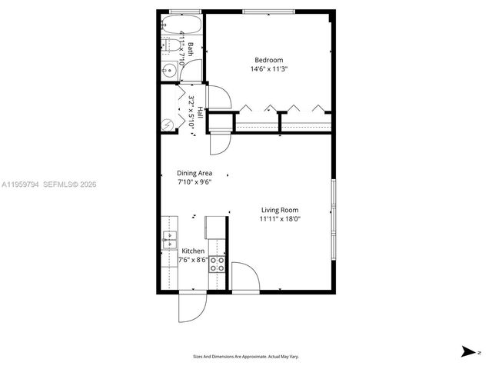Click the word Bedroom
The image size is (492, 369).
(x=269, y=61)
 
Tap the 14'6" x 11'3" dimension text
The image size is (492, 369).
(x=269, y=69)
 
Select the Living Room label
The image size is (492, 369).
(x=279, y=210)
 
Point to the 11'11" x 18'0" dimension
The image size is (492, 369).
(x=279, y=219)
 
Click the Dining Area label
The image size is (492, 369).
(x=194, y=173)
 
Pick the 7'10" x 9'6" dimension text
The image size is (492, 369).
(x=194, y=182)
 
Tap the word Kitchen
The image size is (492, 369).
(x=193, y=251)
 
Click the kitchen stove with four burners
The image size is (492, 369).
(x=218, y=264)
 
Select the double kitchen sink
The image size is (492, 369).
(x=169, y=241)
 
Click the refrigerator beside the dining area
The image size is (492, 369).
(x=215, y=226)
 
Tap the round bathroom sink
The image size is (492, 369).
(x=170, y=71)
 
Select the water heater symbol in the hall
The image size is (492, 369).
(x=169, y=124)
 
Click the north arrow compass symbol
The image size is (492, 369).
(x=468, y=351)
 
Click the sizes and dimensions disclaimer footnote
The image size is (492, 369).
(x=245, y=356)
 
